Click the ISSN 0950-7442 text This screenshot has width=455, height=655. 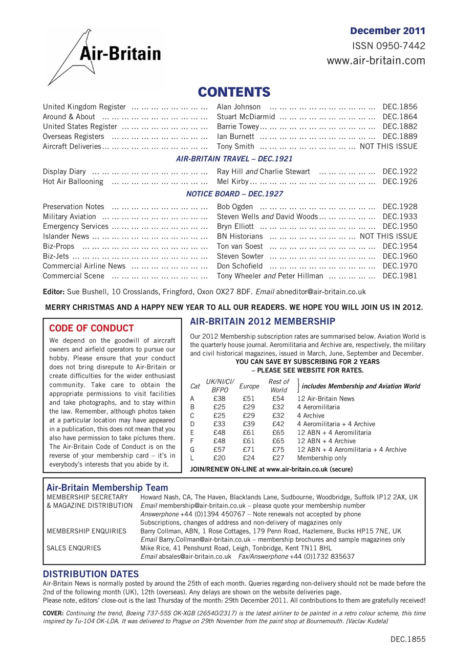[x=388, y=46]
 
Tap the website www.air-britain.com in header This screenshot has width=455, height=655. [x=376, y=61]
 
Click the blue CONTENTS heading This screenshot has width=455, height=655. [x=234, y=92]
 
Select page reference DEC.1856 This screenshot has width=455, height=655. [x=400, y=107]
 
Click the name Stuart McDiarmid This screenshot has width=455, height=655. [x=246, y=117]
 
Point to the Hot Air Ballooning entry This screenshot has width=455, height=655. [x=73, y=182]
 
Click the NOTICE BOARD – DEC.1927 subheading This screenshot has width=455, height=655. [x=234, y=194]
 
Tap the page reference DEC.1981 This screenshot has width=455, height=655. [x=400, y=276]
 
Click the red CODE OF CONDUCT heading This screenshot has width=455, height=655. [x=91, y=328]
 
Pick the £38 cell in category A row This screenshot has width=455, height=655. [x=219, y=399]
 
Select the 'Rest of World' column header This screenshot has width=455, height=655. [x=278, y=386]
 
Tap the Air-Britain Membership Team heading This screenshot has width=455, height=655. [x=107, y=488]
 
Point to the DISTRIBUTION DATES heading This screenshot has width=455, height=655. [x=91, y=574]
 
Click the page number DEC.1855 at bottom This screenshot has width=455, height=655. [x=408, y=639]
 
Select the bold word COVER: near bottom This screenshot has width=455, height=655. [x=53, y=613]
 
